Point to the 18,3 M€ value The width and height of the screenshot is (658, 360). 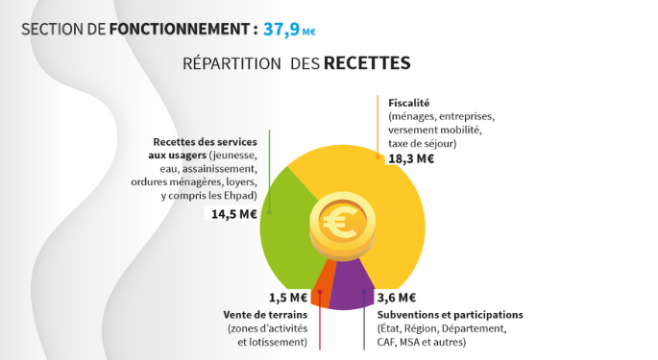(x=410, y=158)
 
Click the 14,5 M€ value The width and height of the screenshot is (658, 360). (x=234, y=214)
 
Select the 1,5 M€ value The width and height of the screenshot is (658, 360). (x=288, y=297)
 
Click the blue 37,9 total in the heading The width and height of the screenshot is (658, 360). (x=280, y=29)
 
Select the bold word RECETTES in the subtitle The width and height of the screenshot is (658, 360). (x=367, y=64)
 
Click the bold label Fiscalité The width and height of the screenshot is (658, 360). (x=408, y=102)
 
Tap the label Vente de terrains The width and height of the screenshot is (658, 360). (x=265, y=314)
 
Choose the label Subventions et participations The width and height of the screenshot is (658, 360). (x=450, y=314)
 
